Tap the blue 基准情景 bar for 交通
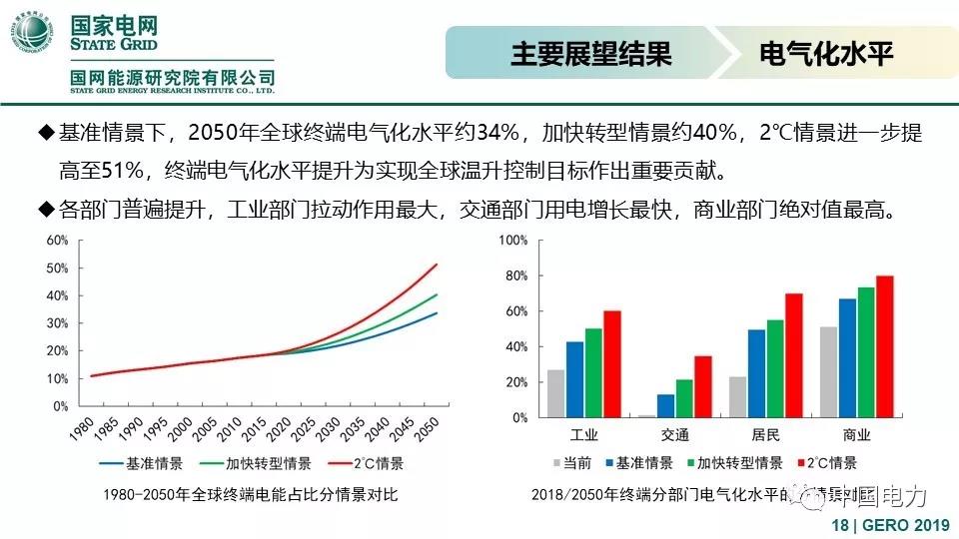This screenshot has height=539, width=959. coord(665,406)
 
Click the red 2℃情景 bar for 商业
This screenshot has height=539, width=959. coord(884,346)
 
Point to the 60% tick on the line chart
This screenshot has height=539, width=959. coord(56,241)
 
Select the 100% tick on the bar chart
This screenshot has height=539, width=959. coord(512,241)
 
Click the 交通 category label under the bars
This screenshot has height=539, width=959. coord(674,435)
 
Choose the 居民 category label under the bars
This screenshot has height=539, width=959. coord(765,435)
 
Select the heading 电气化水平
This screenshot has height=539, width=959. coord(825,53)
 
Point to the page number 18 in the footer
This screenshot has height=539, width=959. coord(839,526)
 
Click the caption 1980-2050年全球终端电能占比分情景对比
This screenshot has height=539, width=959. coord(257,494)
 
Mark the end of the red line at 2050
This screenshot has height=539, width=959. coord(438,265)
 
